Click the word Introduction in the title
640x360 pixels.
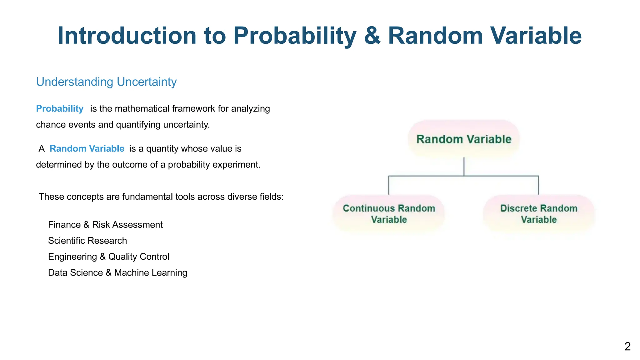click(127, 36)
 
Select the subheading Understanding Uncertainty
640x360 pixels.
click(106, 82)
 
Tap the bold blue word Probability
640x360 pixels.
click(60, 109)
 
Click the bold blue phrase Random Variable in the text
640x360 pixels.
click(87, 149)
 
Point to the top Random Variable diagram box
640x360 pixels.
click(464, 139)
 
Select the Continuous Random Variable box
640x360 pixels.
click(389, 214)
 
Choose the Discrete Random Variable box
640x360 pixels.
click(539, 214)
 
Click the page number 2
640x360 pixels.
click(627, 347)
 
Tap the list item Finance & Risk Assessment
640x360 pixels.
click(105, 225)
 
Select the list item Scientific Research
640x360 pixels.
click(87, 241)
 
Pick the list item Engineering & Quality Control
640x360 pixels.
click(108, 257)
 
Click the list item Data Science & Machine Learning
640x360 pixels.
click(117, 272)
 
